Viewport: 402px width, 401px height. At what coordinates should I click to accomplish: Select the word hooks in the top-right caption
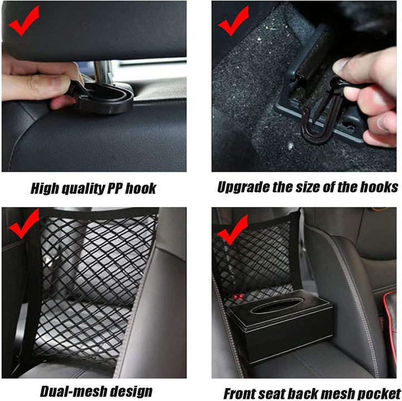click(x=380, y=186)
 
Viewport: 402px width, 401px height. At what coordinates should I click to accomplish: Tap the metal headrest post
click(x=103, y=73)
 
